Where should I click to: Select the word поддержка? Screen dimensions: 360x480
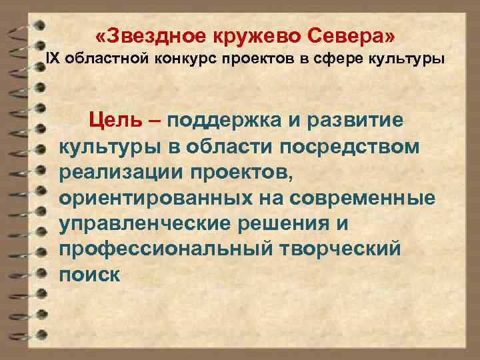(223, 121)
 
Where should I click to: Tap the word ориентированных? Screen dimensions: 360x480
(158, 197)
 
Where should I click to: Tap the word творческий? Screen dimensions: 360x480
(334, 249)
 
